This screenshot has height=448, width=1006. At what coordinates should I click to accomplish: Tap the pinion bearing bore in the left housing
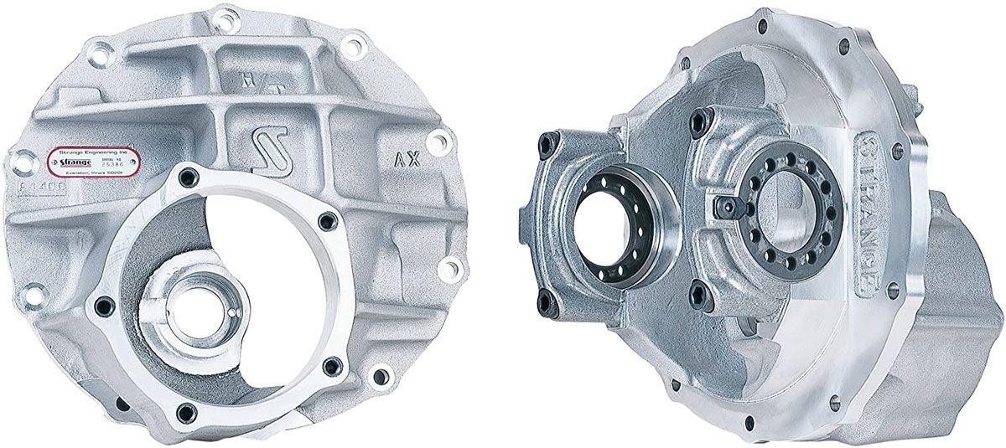pos(195,311)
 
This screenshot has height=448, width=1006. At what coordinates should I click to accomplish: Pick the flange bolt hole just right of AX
pos(438,142)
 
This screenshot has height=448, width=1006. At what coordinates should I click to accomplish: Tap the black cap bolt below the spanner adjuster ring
pos(697,295)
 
